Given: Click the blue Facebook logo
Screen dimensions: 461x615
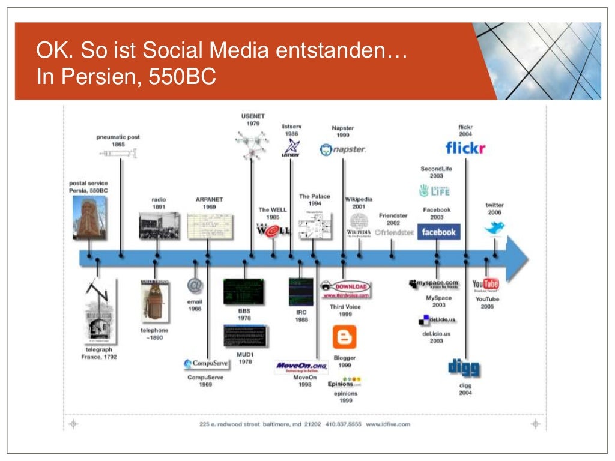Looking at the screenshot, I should (x=438, y=232).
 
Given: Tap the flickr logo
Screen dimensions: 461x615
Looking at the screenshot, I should (x=465, y=148).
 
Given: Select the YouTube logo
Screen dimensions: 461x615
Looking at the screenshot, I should (x=486, y=284).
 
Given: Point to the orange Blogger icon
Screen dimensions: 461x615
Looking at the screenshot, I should (x=344, y=337).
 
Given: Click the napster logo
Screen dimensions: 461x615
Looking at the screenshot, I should (x=342, y=149).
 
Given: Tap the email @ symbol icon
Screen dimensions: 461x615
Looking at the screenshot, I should (x=195, y=285).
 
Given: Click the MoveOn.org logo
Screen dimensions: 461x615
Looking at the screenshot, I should (x=301, y=366).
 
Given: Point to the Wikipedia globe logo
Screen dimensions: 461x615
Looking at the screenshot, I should (x=359, y=221).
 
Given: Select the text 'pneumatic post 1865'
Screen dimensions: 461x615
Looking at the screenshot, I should (x=118, y=140).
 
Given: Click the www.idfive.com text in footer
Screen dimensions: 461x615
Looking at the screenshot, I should (x=387, y=424).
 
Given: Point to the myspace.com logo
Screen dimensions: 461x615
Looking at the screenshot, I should (x=434, y=283).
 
